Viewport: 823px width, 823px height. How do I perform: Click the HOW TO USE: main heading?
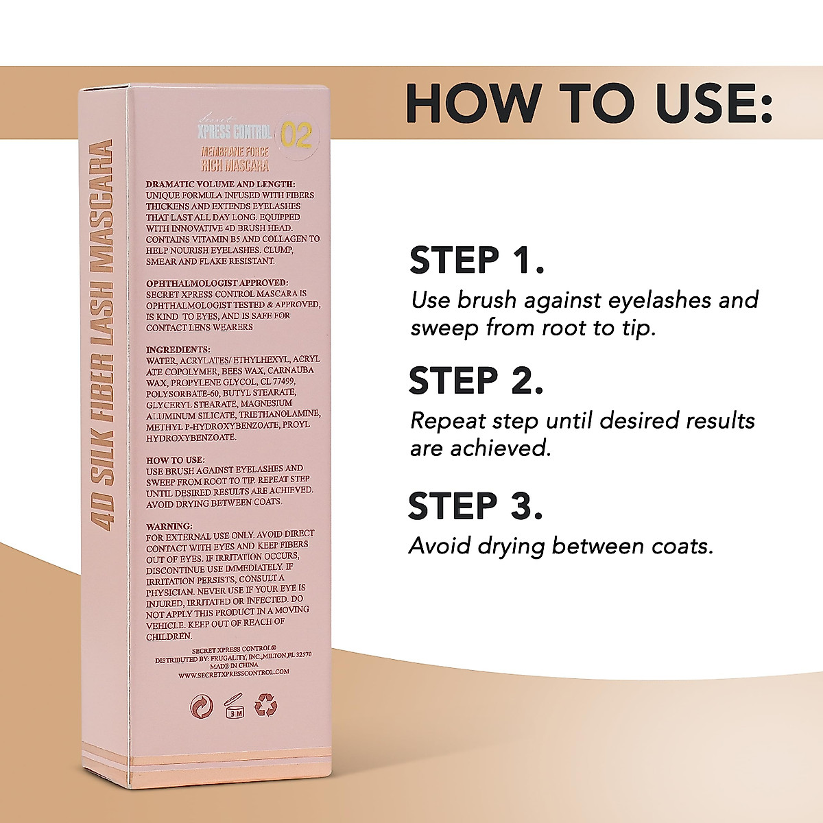tap(588, 104)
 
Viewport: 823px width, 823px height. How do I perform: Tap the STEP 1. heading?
tap(476, 261)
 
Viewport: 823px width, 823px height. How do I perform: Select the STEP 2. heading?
tap(476, 381)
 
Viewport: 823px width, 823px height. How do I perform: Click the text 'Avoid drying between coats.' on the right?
tap(561, 547)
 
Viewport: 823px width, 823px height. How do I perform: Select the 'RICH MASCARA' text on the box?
tap(235, 165)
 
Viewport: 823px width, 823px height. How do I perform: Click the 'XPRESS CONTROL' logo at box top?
tap(234, 132)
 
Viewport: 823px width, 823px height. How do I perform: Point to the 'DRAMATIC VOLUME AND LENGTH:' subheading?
tap(220, 184)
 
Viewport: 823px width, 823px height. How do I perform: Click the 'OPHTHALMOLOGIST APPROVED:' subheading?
tap(217, 283)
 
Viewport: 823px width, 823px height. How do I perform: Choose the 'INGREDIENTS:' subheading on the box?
tap(178, 349)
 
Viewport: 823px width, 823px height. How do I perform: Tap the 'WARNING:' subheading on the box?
tap(169, 526)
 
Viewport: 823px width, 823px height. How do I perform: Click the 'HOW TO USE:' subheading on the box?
tap(176, 460)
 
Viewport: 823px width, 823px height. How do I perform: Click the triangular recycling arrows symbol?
tap(265, 706)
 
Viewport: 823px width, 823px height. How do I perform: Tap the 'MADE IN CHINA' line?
tap(234, 665)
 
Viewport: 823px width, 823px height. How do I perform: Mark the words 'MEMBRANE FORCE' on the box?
tap(235, 152)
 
